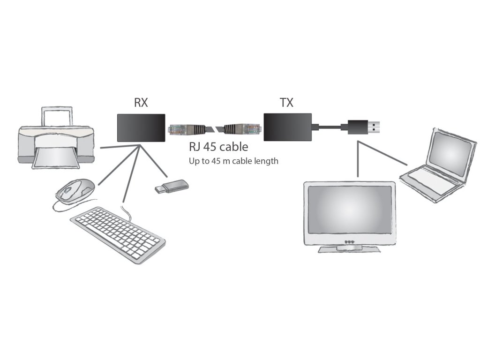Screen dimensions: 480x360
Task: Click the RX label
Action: [x=141, y=103]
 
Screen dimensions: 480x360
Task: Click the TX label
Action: [x=286, y=103]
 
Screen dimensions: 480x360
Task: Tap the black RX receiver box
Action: [x=141, y=128]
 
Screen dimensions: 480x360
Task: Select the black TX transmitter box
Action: [x=288, y=127]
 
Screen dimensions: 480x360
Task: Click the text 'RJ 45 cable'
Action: [x=218, y=147]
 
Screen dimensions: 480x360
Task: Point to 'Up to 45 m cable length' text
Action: [x=233, y=161]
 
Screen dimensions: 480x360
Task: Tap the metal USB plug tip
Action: [x=374, y=127]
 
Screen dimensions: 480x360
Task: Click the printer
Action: [x=56, y=138]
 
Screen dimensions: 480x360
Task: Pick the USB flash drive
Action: [x=172, y=187]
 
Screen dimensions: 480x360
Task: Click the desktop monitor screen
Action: [x=350, y=210]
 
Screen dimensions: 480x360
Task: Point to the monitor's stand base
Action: [x=349, y=249]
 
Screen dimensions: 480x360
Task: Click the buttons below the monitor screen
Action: [x=349, y=241]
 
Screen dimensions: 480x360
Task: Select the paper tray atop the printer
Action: [x=57, y=116]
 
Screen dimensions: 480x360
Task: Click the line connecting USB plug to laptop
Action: [x=382, y=153]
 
